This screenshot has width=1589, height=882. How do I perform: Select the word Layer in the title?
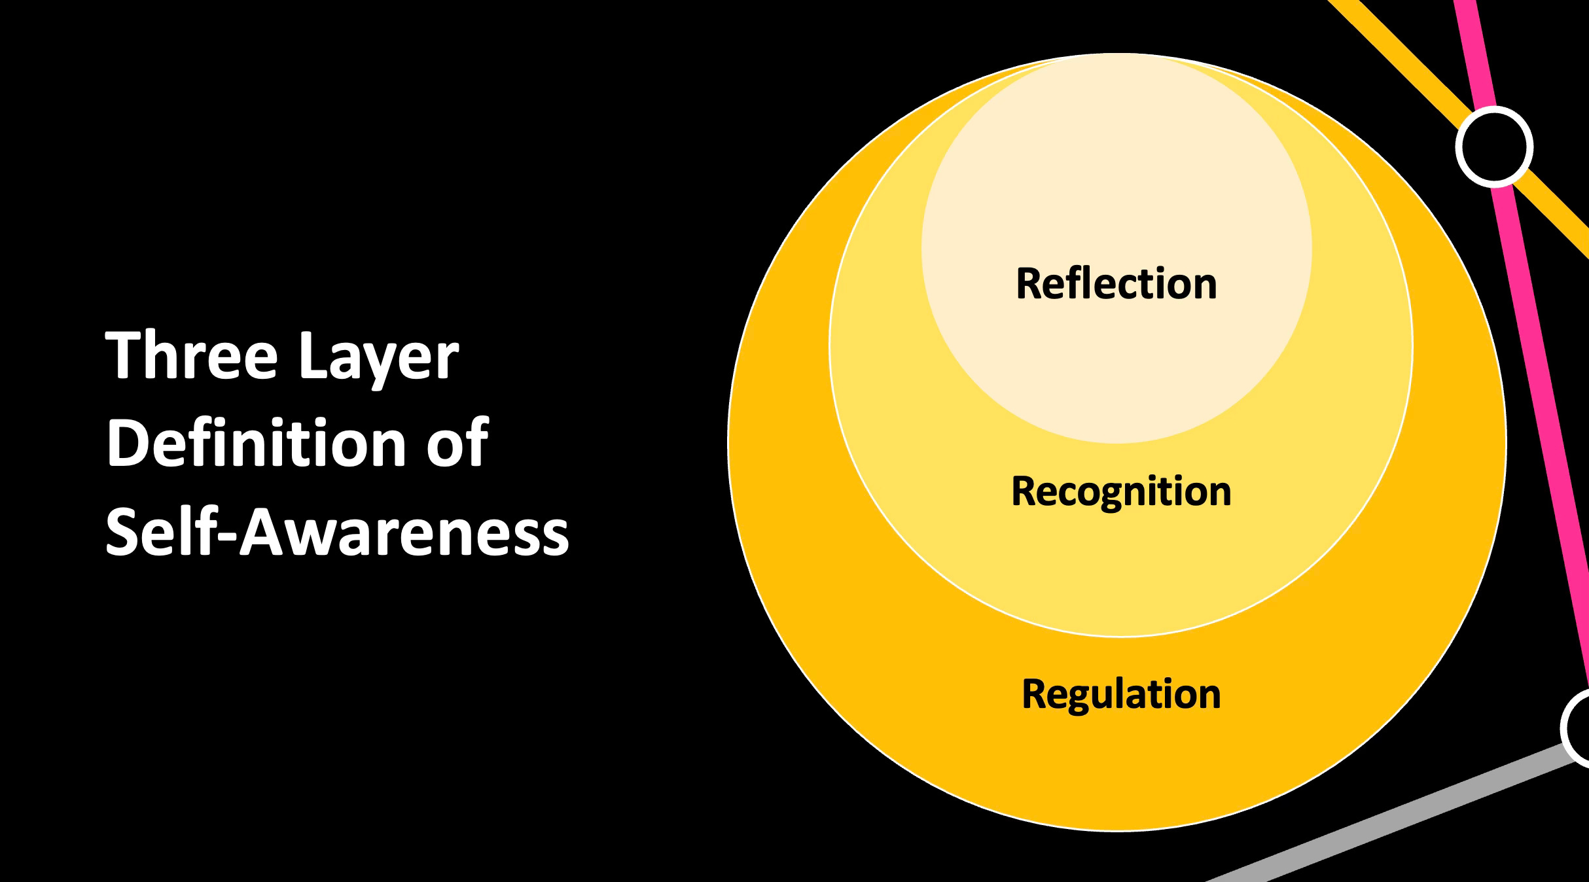(380, 357)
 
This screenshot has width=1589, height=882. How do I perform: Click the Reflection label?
(1116, 283)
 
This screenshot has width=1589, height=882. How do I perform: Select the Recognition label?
(1121, 491)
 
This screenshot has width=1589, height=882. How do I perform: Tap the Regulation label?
(1121, 694)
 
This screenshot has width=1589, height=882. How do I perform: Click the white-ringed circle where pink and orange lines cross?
(1494, 147)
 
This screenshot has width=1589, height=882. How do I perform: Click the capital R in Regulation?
(1033, 694)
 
